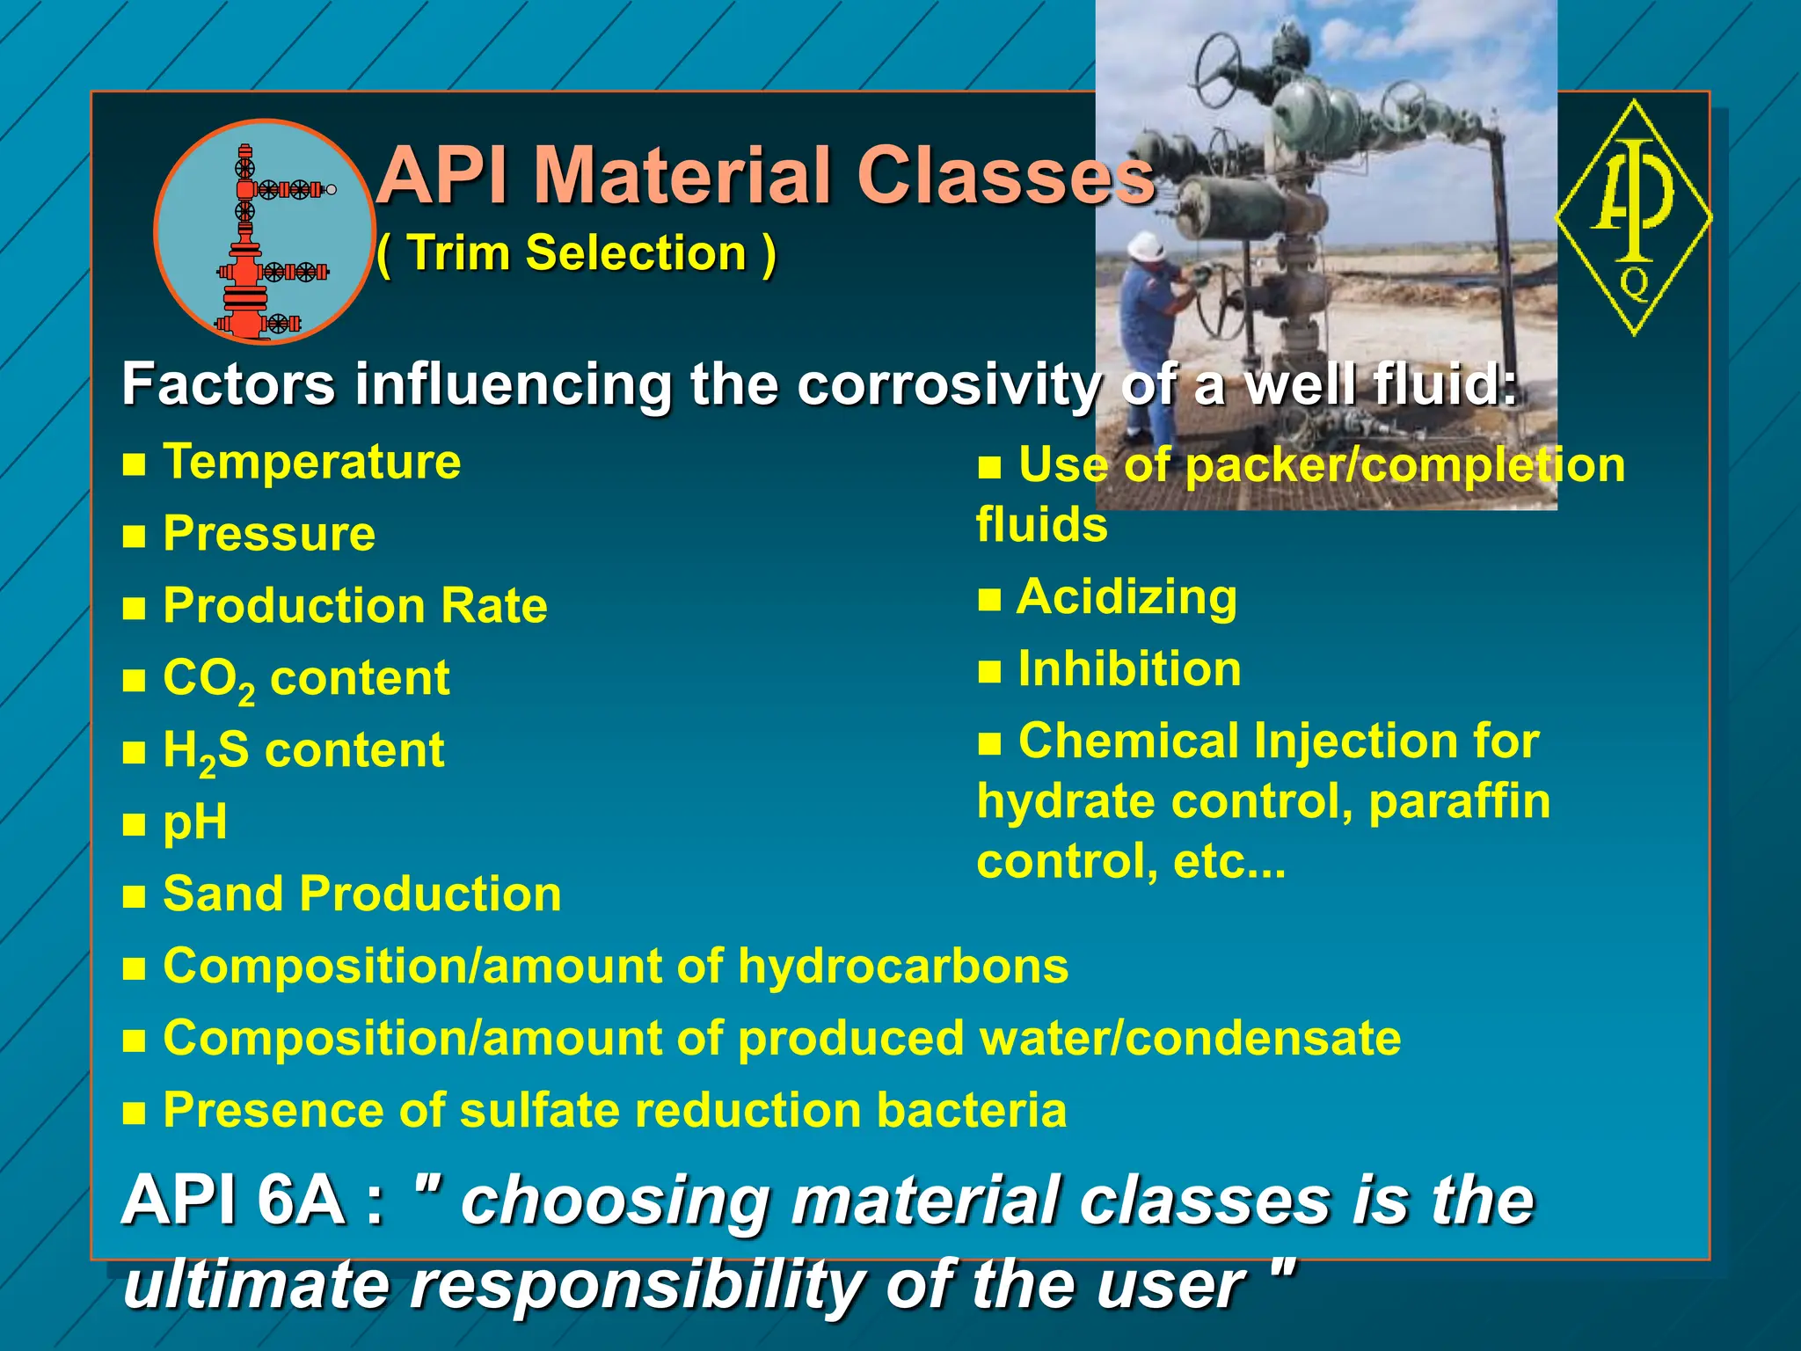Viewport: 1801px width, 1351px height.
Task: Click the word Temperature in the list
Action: coord(312,462)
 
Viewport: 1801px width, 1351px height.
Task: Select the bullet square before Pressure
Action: coord(134,537)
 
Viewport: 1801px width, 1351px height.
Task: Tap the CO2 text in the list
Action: coord(208,679)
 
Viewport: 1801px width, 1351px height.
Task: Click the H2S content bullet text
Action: coord(303,751)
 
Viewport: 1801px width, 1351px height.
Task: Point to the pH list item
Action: coord(194,823)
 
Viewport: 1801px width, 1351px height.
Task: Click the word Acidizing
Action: coord(1127,598)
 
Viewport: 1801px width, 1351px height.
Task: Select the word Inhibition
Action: coord(1129,669)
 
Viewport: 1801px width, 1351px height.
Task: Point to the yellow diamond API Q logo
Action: coord(1634,217)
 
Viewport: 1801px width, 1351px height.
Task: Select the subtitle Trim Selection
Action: coord(577,254)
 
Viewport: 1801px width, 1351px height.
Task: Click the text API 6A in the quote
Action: coord(232,1201)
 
